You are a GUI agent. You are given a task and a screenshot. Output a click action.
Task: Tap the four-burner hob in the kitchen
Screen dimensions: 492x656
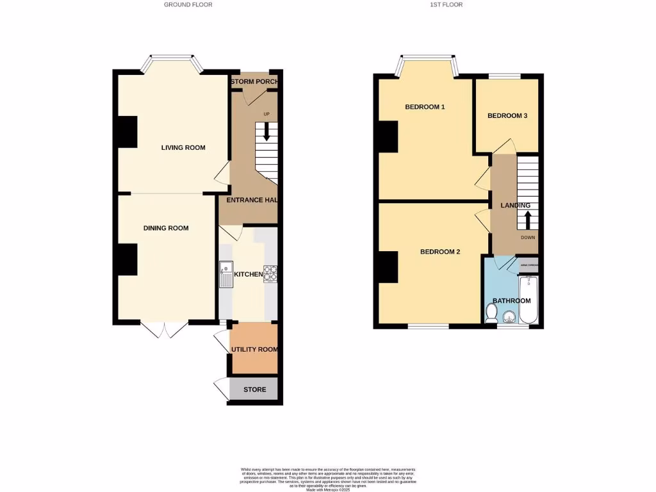(270, 274)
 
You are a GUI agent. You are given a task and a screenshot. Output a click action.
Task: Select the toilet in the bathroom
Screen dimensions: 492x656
(491, 313)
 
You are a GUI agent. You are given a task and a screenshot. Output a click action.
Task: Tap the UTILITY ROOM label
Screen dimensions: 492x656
(254, 349)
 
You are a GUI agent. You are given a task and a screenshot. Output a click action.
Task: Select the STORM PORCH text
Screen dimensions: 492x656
(254, 82)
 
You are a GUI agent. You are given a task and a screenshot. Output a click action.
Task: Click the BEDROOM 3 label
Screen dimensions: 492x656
(507, 116)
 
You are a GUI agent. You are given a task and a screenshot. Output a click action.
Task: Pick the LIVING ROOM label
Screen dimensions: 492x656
(183, 148)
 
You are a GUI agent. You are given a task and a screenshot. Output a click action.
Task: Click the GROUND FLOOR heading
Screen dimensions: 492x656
(188, 4)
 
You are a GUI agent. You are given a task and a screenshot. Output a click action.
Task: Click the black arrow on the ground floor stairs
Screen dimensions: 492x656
(266, 131)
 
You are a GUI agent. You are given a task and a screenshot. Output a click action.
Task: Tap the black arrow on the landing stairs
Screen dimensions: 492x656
(528, 220)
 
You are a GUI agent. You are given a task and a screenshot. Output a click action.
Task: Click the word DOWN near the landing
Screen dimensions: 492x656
(528, 237)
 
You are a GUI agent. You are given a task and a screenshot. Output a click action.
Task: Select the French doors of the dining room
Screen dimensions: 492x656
(165, 329)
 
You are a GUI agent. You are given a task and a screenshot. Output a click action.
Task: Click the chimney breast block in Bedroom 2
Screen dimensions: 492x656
(388, 267)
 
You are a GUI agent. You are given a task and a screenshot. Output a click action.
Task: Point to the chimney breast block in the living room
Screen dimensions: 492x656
(127, 132)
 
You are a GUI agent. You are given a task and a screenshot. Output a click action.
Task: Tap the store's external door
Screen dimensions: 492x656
(220, 388)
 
